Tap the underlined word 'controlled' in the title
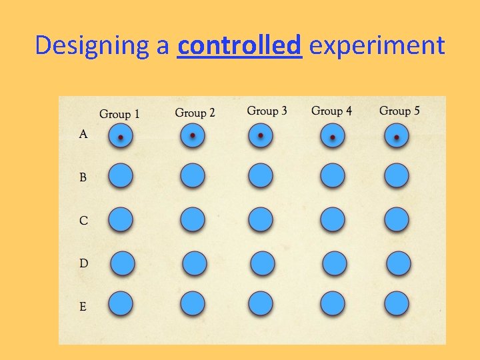(x=240, y=45)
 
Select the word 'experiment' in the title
(x=377, y=46)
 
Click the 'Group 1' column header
(x=119, y=114)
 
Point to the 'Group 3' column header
(x=267, y=111)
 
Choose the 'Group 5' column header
(x=399, y=111)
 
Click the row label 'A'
(x=83, y=135)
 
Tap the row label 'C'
(x=83, y=221)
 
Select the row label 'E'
(x=83, y=307)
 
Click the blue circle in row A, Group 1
(x=121, y=137)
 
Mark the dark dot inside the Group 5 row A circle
(x=397, y=138)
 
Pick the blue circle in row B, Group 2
(x=192, y=176)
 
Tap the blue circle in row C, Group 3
(x=261, y=219)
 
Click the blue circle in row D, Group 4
(x=334, y=263)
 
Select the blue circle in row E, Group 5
(x=397, y=303)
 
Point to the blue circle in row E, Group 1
(x=121, y=303)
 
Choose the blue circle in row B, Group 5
(x=397, y=176)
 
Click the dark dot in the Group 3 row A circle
(x=261, y=136)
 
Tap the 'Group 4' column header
(x=331, y=111)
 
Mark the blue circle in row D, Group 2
(x=193, y=263)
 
